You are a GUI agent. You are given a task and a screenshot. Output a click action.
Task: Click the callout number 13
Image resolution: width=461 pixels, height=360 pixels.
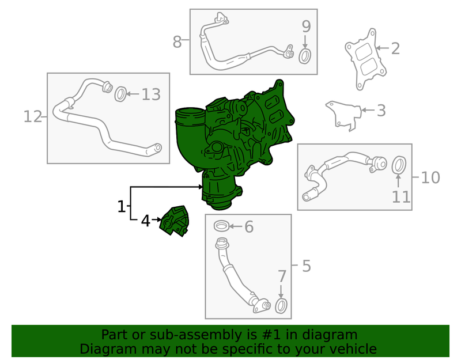pyautogui.click(x=151, y=94)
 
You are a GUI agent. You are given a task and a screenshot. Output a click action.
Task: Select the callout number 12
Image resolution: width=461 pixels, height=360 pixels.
pyautogui.click(x=33, y=117)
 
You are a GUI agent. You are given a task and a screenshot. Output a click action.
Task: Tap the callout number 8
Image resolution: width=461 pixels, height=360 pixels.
pyautogui.click(x=177, y=41)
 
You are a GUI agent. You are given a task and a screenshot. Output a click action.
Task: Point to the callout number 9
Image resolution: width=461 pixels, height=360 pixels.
pyautogui.click(x=307, y=26)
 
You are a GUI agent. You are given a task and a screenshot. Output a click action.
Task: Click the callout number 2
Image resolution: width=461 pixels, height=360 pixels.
pyautogui.click(x=395, y=48)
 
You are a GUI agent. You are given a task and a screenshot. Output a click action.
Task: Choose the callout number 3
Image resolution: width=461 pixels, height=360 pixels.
pyautogui.click(x=381, y=111)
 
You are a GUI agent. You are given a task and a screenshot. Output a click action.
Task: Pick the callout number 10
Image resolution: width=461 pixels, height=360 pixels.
pyautogui.click(x=430, y=177)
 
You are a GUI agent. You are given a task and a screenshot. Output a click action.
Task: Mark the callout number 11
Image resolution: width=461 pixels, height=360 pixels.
pyautogui.click(x=401, y=197)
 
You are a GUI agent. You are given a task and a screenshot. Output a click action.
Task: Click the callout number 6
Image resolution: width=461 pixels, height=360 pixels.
pyautogui.click(x=249, y=227)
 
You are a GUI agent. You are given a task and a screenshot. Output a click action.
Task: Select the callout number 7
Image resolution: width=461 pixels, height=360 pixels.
pyautogui.click(x=282, y=276)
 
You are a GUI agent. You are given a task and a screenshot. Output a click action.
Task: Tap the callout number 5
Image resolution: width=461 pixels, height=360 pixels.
pyautogui.click(x=307, y=266)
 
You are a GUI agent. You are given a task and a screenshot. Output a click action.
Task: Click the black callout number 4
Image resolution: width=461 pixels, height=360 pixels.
pyautogui.click(x=146, y=221)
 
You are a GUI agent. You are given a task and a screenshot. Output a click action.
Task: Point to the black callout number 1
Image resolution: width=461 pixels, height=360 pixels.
pyautogui.click(x=122, y=207)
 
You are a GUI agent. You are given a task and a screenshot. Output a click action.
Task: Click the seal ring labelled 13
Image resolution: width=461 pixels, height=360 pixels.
pyautogui.click(x=120, y=94)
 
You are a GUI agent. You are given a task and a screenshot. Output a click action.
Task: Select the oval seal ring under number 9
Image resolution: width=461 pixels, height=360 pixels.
pyautogui.click(x=305, y=56)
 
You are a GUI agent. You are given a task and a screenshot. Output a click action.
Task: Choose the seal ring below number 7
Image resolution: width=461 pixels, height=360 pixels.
pyautogui.click(x=281, y=306)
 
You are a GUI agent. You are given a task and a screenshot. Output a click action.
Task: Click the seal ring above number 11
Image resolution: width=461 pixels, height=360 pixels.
pyautogui.click(x=399, y=165)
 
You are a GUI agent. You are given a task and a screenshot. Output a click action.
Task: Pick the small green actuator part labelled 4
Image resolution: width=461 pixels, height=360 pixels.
pyautogui.click(x=175, y=221)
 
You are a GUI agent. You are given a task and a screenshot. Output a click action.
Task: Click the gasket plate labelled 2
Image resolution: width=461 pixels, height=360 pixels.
pyautogui.click(x=366, y=59)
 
